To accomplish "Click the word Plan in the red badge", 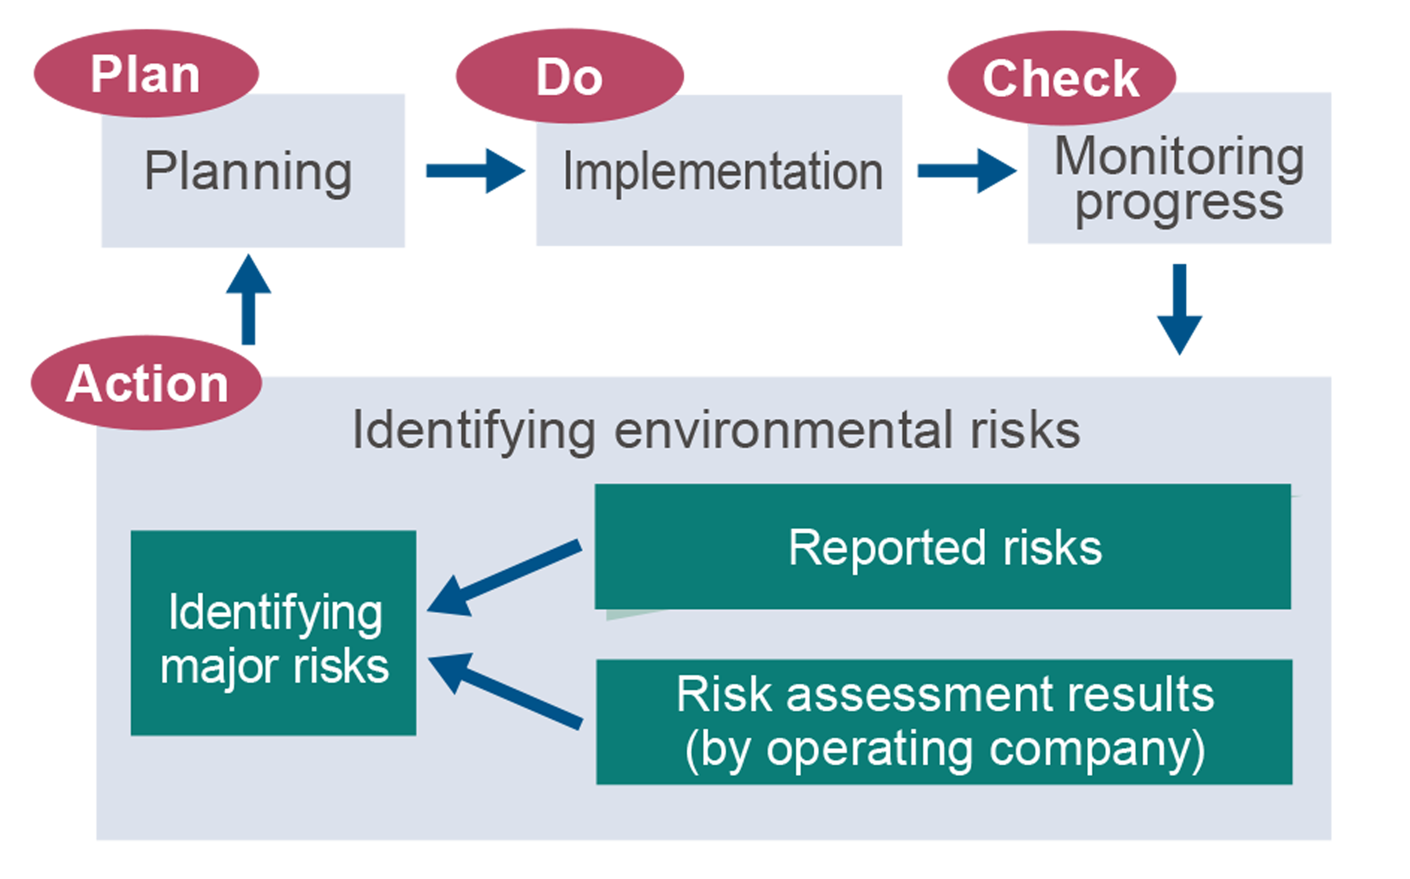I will [146, 75].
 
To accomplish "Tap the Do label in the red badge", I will [569, 78].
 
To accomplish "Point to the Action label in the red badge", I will [147, 384].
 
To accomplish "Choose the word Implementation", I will [723, 172].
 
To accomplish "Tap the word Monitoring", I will [1179, 157].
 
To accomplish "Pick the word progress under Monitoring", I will [1179, 204].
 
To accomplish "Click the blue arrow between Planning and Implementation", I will [473, 185].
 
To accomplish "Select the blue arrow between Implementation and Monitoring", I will [966, 185].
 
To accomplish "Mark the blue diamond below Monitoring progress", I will [1179, 310].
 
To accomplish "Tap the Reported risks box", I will [943, 547].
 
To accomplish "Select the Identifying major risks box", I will [273, 633].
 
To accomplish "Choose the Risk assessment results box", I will [944, 722].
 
